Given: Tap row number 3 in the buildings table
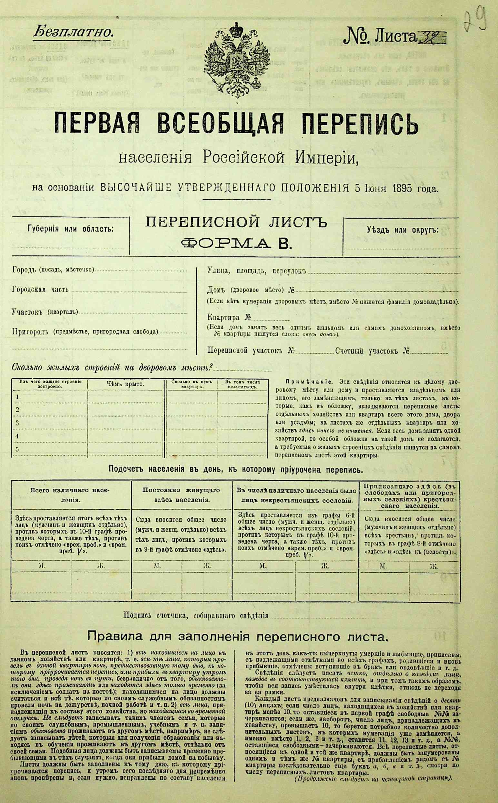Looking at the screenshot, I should (x=17, y=423).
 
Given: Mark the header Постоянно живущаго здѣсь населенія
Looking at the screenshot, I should (x=181, y=494).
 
